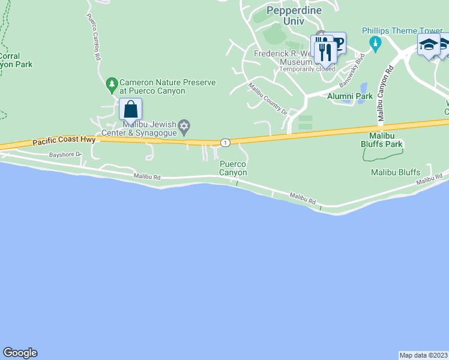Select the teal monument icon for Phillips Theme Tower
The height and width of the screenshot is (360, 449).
click(376, 43)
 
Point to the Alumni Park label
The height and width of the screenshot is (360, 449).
click(349, 96)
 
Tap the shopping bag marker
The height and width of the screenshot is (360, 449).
click(130, 110)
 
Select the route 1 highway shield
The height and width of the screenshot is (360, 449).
click(224, 143)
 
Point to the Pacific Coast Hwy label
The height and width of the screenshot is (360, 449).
click(64, 142)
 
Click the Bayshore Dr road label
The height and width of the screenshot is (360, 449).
click(65, 155)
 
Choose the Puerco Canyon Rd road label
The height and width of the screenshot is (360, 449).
click(92, 37)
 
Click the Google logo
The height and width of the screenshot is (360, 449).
click(20, 353)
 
